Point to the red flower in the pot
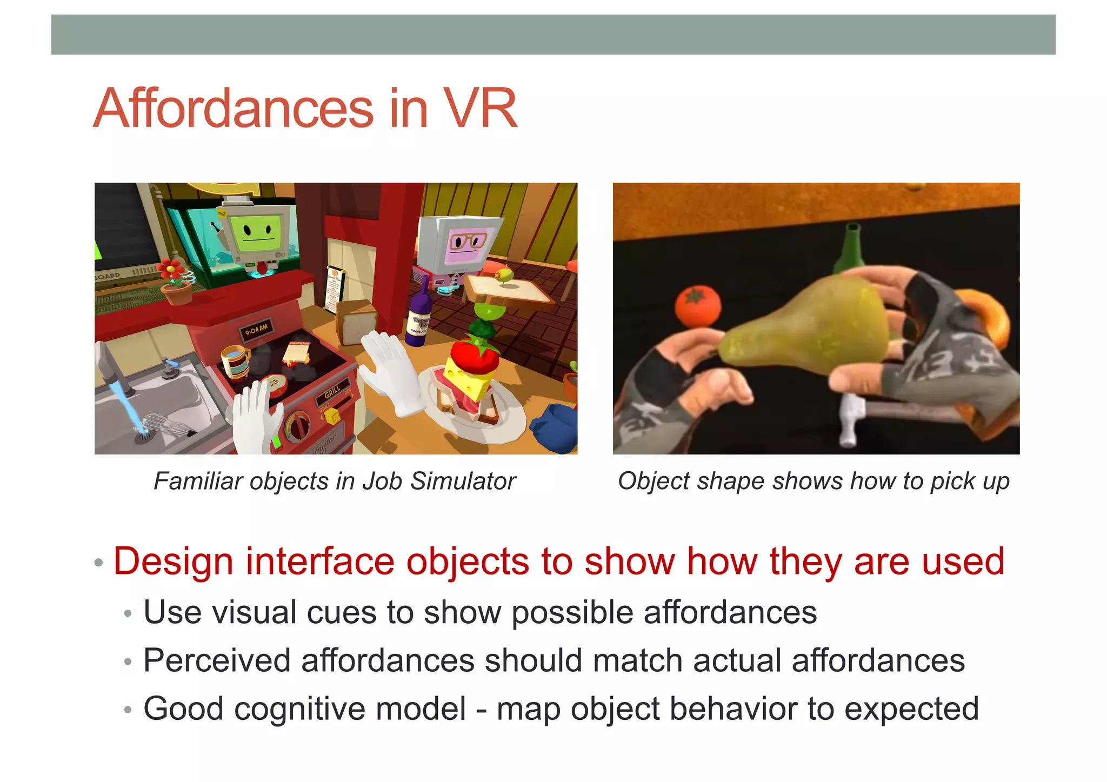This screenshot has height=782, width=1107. (172, 269)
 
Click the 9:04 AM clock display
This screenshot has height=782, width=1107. (256, 329)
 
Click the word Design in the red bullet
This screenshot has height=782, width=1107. (173, 562)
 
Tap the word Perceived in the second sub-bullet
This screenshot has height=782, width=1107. (216, 660)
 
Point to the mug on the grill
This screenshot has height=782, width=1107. (236, 360)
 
